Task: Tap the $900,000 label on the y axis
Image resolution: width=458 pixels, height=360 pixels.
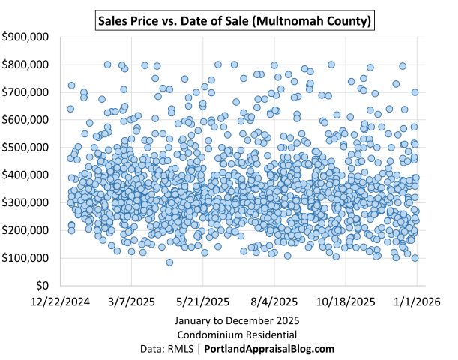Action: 26,37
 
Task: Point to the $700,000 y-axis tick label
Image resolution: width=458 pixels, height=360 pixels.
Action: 26,92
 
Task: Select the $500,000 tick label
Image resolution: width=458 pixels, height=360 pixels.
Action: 26,148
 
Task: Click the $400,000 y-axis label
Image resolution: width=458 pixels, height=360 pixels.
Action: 26,175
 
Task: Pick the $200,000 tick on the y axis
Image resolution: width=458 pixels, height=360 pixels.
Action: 26,231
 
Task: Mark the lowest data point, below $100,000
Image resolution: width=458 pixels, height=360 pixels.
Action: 169,262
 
